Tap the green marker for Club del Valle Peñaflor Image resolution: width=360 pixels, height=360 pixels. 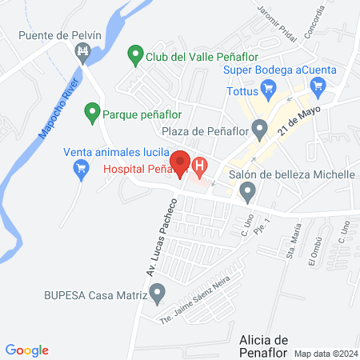coord(135,57)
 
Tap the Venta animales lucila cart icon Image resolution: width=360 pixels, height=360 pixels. coord(80,168)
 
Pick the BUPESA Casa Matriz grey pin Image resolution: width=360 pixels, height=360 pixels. coord(158,294)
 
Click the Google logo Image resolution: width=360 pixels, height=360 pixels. coord(27,350)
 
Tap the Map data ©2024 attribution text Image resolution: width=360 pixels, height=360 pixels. coord(324,354)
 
